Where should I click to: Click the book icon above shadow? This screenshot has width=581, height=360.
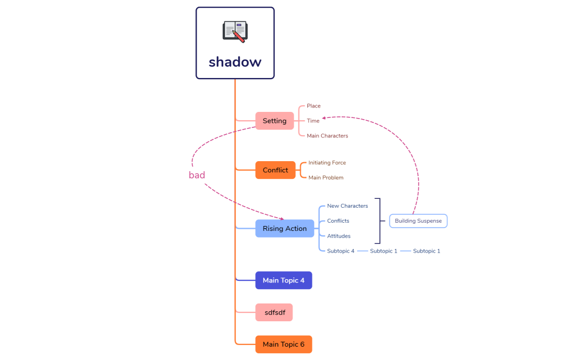click(x=235, y=32)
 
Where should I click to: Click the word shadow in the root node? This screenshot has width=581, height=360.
click(x=235, y=61)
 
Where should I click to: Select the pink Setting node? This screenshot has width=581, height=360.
click(x=275, y=121)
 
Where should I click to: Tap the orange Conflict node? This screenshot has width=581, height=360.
click(x=275, y=170)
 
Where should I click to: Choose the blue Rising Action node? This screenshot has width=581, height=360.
click(x=285, y=228)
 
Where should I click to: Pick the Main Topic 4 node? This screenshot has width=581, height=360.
click(x=284, y=280)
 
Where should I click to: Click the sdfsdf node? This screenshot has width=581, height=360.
click(x=274, y=312)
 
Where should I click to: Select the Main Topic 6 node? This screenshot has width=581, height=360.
click(x=284, y=344)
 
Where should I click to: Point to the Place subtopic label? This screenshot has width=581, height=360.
click(x=313, y=106)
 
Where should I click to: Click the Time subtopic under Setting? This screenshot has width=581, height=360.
click(x=313, y=121)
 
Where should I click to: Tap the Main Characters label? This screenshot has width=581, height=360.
click(x=327, y=136)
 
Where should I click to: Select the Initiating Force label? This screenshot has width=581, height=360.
click(x=327, y=163)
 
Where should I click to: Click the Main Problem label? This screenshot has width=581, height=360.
click(x=326, y=178)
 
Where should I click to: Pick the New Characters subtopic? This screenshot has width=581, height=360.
click(x=347, y=206)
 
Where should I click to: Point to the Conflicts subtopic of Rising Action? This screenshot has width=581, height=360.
click(x=338, y=221)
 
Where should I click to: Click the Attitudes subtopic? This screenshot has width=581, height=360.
click(x=338, y=236)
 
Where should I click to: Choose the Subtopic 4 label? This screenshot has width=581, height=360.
click(x=341, y=251)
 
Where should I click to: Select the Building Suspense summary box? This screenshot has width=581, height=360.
click(x=418, y=221)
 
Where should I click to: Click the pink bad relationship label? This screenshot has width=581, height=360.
click(x=197, y=175)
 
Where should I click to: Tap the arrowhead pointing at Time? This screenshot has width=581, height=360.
click(x=325, y=117)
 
